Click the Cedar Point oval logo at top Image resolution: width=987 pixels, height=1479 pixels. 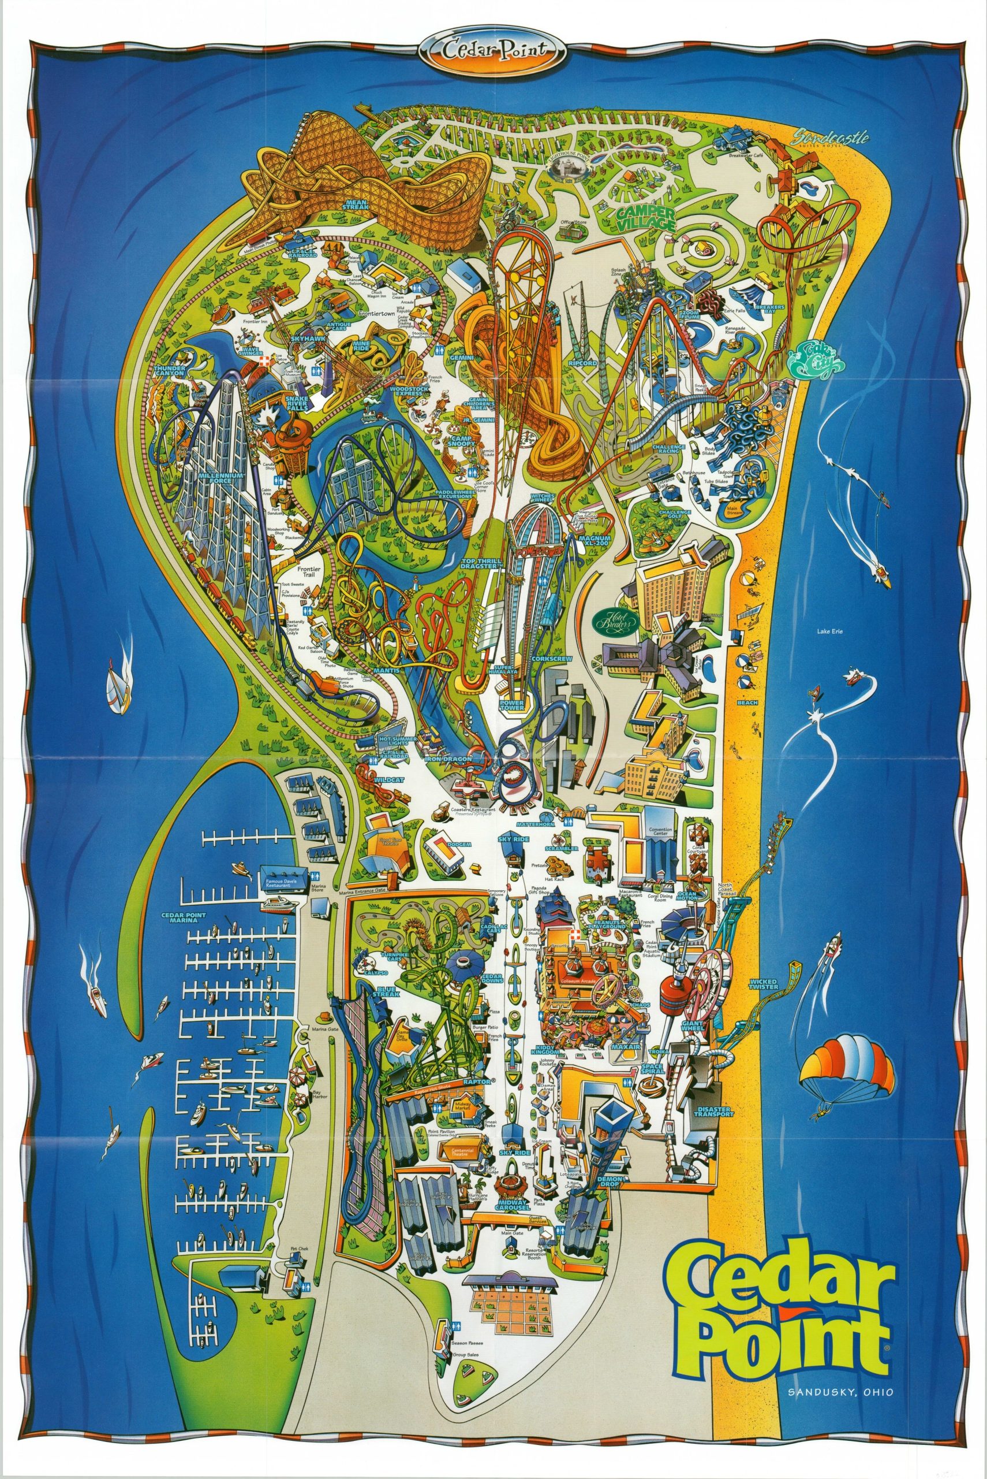click(494, 50)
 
